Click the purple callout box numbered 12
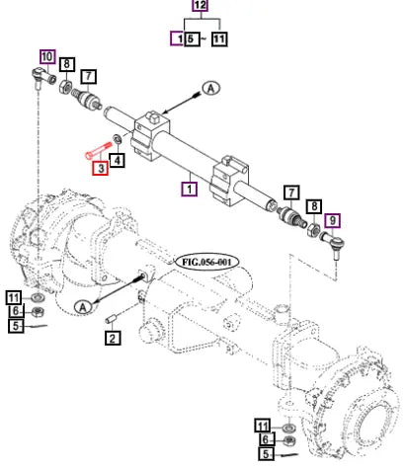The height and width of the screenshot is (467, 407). pyautogui.click(x=201, y=6)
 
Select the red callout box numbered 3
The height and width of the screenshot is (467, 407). pyautogui.click(x=100, y=168)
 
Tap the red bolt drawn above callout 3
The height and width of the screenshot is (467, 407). pyautogui.click(x=98, y=150)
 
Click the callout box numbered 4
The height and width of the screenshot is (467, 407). pyautogui.click(x=117, y=160)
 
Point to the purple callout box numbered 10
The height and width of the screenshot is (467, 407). pyautogui.click(x=47, y=56)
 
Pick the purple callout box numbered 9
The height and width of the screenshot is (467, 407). pyautogui.click(x=332, y=220)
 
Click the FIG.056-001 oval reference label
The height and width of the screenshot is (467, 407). pyautogui.click(x=206, y=263)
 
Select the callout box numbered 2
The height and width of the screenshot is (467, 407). pyautogui.click(x=113, y=338)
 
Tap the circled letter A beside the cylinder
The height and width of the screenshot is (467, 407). pyautogui.click(x=211, y=88)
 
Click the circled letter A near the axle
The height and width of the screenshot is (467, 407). pyautogui.click(x=83, y=307)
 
